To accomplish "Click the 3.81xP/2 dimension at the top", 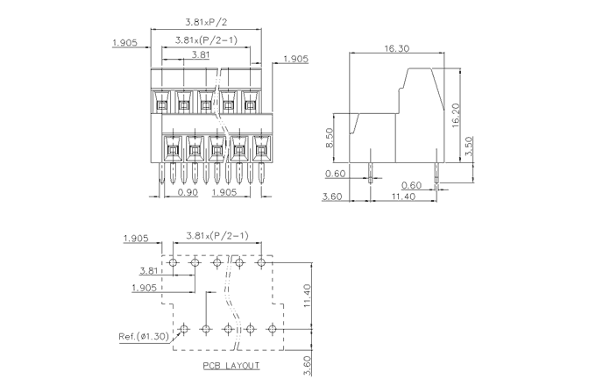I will click(202, 21).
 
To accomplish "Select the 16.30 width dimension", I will click(397, 48).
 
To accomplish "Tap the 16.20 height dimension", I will click(457, 114).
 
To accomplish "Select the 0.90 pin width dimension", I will click(187, 191).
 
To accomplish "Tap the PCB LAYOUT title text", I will click(231, 365).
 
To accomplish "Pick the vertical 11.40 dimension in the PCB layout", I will click(308, 295).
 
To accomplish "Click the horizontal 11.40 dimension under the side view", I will click(403, 197).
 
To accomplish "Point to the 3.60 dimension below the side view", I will click(332, 197).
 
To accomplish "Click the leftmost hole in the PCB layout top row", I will click(173, 262).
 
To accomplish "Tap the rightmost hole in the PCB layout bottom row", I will click(272, 329).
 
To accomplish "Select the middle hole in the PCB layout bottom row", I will click(228, 329).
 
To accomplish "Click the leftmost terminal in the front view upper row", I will click(162, 105).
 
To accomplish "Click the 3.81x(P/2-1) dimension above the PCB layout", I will click(216, 235).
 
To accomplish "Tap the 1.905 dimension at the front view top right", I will click(296, 60).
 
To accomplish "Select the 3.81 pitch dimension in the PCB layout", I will click(148, 271).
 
